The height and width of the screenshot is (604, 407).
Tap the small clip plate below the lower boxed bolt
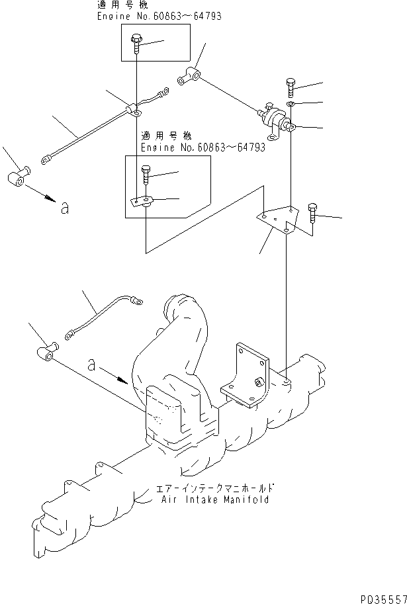[142, 202]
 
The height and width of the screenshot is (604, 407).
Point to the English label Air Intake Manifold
[215, 500]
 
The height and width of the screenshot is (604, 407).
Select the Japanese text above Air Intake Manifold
[215, 489]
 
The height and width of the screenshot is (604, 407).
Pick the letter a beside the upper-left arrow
[64, 208]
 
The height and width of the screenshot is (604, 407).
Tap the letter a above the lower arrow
[92, 364]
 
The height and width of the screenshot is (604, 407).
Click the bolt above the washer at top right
[292, 86]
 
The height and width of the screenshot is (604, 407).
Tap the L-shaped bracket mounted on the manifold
[245, 375]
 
